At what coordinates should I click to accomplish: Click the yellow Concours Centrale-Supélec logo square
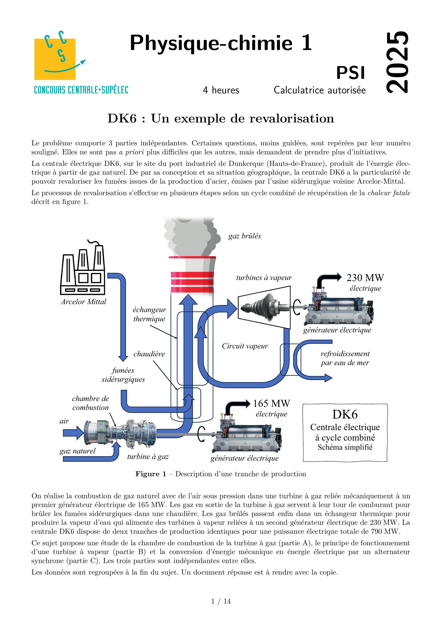point(55,59)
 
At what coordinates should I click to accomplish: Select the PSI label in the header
point(350,73)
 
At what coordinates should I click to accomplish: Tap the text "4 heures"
point(221,90)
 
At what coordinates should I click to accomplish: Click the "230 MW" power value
point(365,278)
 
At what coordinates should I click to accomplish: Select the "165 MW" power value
point(272,403)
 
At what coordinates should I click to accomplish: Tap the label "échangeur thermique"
point(149,314)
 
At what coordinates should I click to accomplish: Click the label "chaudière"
point(149,354)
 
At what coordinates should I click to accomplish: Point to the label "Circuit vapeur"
point(245,346)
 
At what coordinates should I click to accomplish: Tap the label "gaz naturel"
point(78,451)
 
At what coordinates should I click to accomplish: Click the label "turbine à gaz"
point(148,457)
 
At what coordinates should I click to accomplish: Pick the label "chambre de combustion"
point(90,403)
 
